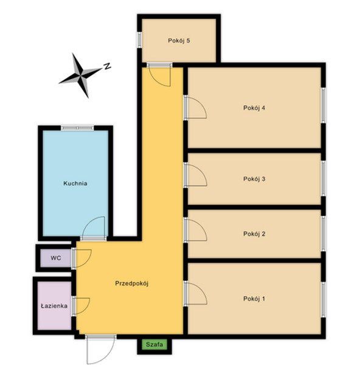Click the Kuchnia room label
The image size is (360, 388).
(75, 184)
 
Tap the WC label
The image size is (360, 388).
(56, 258)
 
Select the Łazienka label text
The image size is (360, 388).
(54, 306)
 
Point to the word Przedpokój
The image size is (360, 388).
(131, 283)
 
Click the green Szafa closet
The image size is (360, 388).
(154, 344)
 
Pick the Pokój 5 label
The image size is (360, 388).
(179, 41)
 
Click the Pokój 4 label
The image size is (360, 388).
(254, 108)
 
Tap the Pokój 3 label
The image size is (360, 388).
(254, 179)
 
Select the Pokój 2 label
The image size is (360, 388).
(254, 234)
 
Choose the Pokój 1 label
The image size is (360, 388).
(254, 299)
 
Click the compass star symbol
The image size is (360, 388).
(80, 75)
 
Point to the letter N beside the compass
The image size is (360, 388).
(107, 66)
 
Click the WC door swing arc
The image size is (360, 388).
(88, 261)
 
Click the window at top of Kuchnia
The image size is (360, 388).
(77, 128)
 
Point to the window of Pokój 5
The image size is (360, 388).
(139, 40)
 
